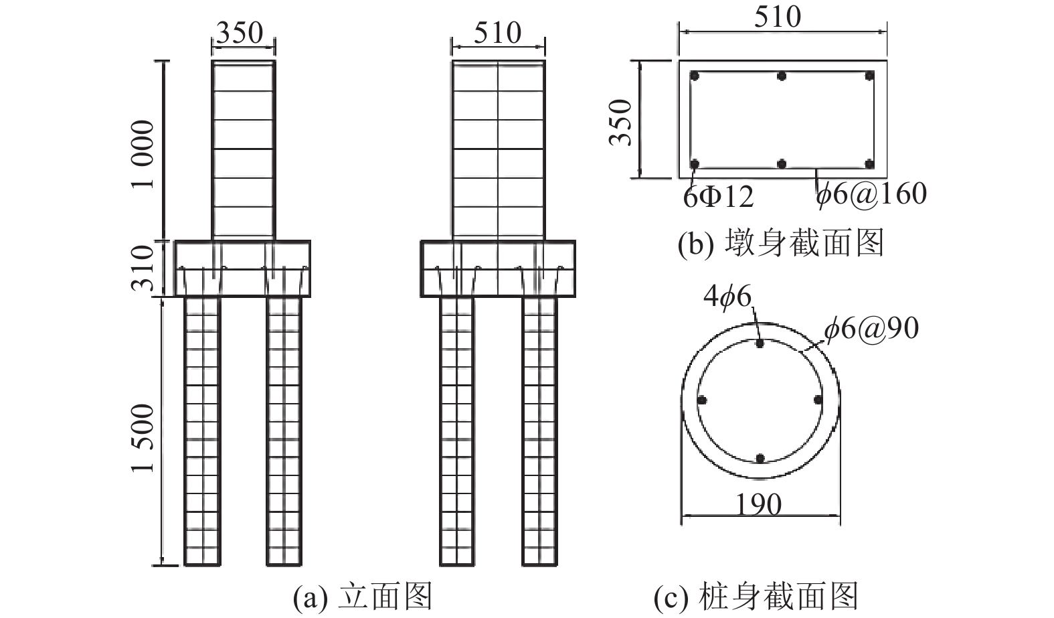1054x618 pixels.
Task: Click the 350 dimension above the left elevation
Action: [240, 32]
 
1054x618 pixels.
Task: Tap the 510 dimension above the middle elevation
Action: [497, 32]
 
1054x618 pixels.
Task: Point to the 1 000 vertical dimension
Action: [143, 155]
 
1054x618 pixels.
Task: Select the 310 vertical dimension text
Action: [143, 268]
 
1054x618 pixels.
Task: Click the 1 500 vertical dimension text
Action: [143, 439]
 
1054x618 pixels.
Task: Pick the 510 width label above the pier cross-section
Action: [777, 17]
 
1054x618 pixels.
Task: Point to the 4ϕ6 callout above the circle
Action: [727, 297]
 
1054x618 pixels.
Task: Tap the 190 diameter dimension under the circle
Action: [759, 504]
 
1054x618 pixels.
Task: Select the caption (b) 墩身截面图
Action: [780, 243]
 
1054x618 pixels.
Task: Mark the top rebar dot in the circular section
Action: [760, 343]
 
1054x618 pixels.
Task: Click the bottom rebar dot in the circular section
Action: [760, 459]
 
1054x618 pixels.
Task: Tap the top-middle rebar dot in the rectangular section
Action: [782, 76]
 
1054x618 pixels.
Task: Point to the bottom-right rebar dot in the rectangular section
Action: [869, 163]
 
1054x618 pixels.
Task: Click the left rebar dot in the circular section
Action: [702, 400]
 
